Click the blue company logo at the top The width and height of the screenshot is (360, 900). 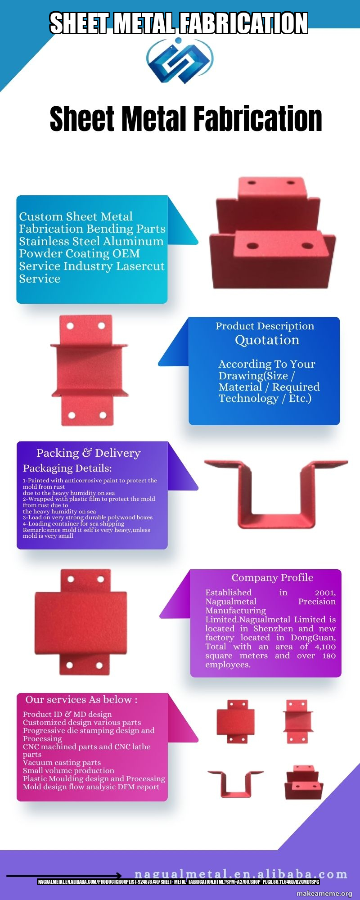[x=180, y=60]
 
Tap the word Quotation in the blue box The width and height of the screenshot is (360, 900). [x=267, y=340]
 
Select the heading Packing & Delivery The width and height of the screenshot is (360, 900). [x=88, y=453]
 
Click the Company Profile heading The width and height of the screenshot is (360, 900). [x=272, y=577]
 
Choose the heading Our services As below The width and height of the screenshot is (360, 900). [x=81, y=700]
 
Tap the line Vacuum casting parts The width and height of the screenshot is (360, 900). [x=62, y=762]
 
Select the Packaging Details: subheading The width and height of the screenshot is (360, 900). [x=67, y=468]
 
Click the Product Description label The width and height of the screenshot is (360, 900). [x=265, y=326]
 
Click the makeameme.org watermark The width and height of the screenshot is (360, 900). [x=324, y=894]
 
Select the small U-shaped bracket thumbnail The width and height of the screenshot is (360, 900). [x=235, y=783]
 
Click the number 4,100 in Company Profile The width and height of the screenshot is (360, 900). [x=325, y=647]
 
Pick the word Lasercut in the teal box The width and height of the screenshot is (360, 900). [x=140, y=266]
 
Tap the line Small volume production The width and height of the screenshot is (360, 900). [x=68, y=770]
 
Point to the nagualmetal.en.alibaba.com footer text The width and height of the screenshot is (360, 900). [x=241, y=874]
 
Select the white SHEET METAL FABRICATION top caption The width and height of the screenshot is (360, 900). [x=179, y=23]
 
